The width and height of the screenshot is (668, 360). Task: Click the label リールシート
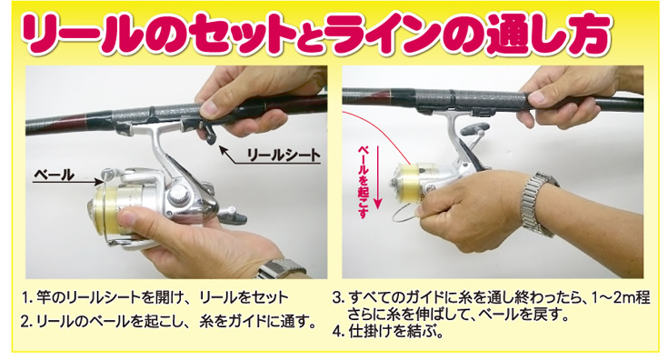tap(283, 155)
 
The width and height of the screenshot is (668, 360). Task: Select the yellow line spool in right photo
tap(410, 185)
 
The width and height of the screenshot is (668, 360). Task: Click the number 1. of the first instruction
tap(29, 298)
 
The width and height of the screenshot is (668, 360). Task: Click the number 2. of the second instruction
tap(29, 321)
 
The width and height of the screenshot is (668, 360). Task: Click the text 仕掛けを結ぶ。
tap(394, 332)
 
